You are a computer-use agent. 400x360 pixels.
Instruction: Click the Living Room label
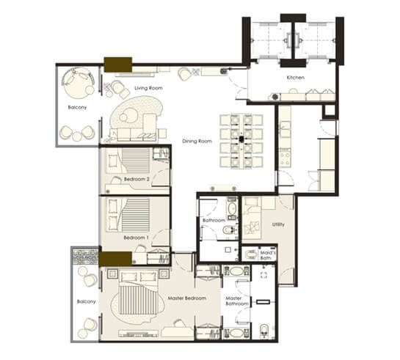pyautogui.click(x=148, y=88)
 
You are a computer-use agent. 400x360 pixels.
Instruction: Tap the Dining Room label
pyautogui.click(x=197, y=142)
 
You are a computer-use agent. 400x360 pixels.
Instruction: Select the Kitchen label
pyautogui.click(x=295, y=78)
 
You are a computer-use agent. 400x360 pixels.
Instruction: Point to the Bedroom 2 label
pyautogui.click(x=137, y=179)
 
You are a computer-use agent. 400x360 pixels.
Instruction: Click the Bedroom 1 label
pyautogui.click(x=136, y=238)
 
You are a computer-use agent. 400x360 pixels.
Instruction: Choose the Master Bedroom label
pyautogui.click(x=187, y=298)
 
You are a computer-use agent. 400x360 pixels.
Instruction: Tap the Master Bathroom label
pyautogui.click(x=237, y=301)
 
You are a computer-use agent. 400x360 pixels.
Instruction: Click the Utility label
pyautogui.click(x=278, y=224)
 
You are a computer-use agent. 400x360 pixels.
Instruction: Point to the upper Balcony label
pyautogui.click(x=77, y=107)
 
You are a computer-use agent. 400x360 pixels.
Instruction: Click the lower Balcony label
pyautogui.click(x=86, y=301)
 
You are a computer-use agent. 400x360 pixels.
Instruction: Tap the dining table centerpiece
pyautogui.click(x=241, y=139)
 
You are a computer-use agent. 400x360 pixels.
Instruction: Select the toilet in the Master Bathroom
pyautogui.click(x=263, y=331)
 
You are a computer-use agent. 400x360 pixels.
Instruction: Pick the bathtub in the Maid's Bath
pyautogui.click(x=250, y=254)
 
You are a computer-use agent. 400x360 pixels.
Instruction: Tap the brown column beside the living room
pyautogui.click(x=118, y=65)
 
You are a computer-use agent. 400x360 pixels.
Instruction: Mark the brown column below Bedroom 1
pyautogui.click(x=115, y=259)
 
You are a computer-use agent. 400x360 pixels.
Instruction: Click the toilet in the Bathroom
pyautogui.click(x=229, y=230)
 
